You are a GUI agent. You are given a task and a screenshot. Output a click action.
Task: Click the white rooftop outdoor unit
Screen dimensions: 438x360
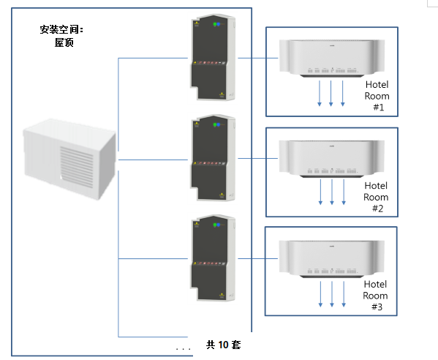tap(69, 160)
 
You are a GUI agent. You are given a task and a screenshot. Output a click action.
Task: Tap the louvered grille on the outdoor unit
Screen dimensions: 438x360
tap(77, 167)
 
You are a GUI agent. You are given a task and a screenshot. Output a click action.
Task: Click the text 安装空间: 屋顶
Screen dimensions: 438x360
tap(62, 36)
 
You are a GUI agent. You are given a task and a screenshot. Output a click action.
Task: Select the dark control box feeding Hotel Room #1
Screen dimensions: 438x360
tap(213, 57)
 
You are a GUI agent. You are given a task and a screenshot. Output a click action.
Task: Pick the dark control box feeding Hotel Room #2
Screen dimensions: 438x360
tap(213, 157)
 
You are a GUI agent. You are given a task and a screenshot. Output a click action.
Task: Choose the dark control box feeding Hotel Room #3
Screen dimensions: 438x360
tap(213, 258)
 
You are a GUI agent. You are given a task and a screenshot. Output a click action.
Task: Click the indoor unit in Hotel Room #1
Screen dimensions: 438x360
tap(332, 58)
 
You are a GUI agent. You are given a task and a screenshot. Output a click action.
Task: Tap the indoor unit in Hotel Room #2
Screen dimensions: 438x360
tap(332, 159)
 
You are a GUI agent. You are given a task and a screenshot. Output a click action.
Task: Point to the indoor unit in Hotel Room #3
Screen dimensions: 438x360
tap(332, 258)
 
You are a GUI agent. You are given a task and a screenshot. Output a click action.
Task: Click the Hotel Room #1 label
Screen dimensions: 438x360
tap(377, 96)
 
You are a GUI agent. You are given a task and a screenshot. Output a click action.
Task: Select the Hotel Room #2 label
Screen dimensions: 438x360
tap(376, 197)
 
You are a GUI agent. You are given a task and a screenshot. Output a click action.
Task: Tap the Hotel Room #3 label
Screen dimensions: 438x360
tap(375, 296)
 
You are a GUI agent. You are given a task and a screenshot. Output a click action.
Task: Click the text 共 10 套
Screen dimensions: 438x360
tap(223, 345)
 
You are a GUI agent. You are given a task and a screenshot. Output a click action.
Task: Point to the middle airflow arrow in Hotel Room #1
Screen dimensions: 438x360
tap(331, 94)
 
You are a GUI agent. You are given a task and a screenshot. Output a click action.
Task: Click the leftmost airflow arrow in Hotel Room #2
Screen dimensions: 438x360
tap(320, 192)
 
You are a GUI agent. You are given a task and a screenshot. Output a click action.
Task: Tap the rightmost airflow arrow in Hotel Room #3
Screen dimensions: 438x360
tap(344, 294)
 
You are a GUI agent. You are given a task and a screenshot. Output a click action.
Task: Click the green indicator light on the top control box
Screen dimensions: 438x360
tap(215, 24)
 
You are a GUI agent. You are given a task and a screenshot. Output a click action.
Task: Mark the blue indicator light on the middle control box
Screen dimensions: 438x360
tap(219, 124)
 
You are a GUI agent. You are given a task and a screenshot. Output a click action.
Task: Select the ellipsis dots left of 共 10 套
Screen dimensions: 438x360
tap(184, 349)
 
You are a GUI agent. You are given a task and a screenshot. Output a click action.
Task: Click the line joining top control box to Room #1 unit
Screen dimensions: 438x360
tap(258, 58)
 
